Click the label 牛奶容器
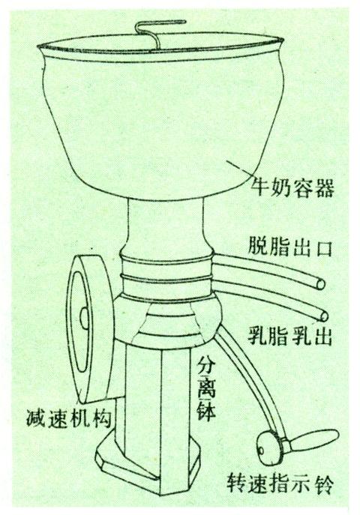[x=292, y=188]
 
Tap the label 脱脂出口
[x=289, y=247]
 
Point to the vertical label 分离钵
[x=205, y=388]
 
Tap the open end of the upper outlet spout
[x=320, y=283]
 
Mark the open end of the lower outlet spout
[x=323, y=316]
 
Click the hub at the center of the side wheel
[x=84, y=319]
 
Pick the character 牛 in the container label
[x=260, y=188]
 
